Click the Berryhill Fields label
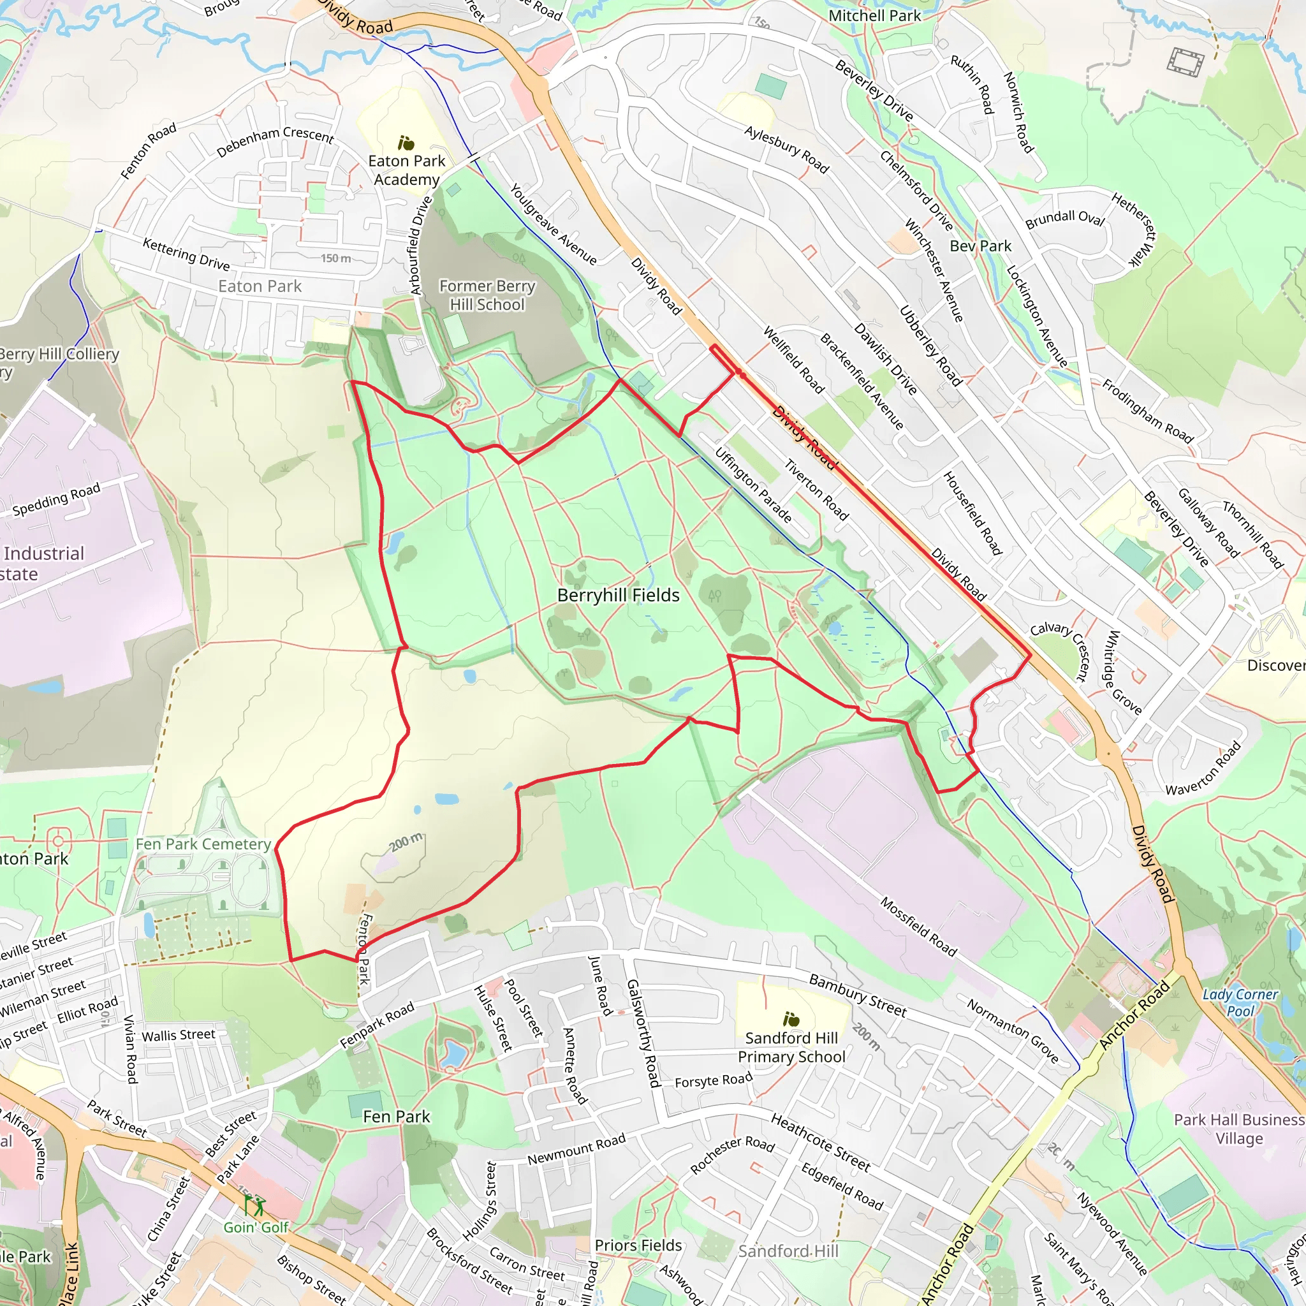pos(618,596)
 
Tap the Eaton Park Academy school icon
pos(406,143)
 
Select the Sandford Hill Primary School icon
pos(790,1018)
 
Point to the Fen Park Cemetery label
pos(203,844)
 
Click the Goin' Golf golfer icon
pos(255,1205)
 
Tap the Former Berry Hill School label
pos(487,295)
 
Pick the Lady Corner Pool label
pos(1240,1003)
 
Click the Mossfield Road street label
pos(919,927)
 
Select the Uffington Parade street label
pos(753,485)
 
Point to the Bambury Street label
pos(857,995)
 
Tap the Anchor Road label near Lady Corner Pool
pos(1134,1015)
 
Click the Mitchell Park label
pos(874,15)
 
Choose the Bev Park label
pos(980,246)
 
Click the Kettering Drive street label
pos(186,254)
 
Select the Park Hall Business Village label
pos(1239,1129)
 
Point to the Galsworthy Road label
pos(642,1034)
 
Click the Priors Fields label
pos(638,1245)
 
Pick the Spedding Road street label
pos(56,499)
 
